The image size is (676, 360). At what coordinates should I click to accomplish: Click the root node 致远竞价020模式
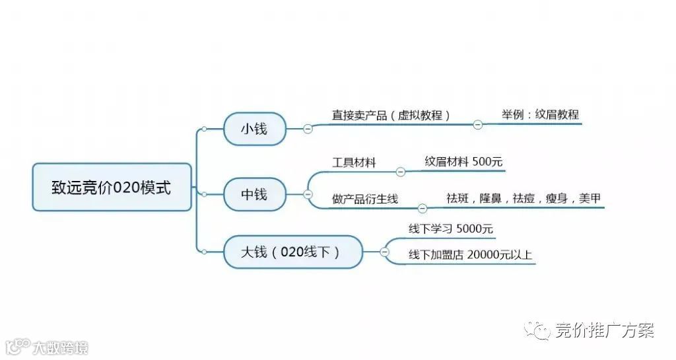tap(112, 188)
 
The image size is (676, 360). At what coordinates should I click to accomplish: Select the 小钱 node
tap(254, 129)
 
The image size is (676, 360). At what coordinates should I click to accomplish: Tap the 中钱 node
tap(254, 194)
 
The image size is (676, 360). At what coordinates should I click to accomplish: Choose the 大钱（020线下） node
tap(292, 252)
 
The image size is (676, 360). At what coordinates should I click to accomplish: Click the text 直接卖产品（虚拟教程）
tap(391, 115)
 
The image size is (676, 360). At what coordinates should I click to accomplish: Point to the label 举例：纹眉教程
tap(540, 114)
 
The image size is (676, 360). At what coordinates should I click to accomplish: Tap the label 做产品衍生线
tap(365, 199)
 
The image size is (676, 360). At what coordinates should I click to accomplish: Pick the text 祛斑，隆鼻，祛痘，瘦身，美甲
tap(524, 198)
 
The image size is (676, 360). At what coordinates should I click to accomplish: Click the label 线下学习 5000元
tap(450, 229)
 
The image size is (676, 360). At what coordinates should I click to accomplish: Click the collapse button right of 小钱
tap(308, 129)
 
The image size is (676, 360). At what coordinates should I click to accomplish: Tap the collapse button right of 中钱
tap(308, 194)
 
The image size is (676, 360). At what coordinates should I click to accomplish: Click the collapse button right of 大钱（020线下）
tap(385, 252)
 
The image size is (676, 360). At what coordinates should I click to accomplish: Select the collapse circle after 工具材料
tap(401, 172)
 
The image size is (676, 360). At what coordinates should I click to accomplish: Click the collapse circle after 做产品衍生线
tap(423, 209)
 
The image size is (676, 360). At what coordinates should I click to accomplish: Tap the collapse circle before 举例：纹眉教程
tap(478, 124)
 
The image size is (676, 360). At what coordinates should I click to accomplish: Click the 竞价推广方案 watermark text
tap(604, 330)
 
